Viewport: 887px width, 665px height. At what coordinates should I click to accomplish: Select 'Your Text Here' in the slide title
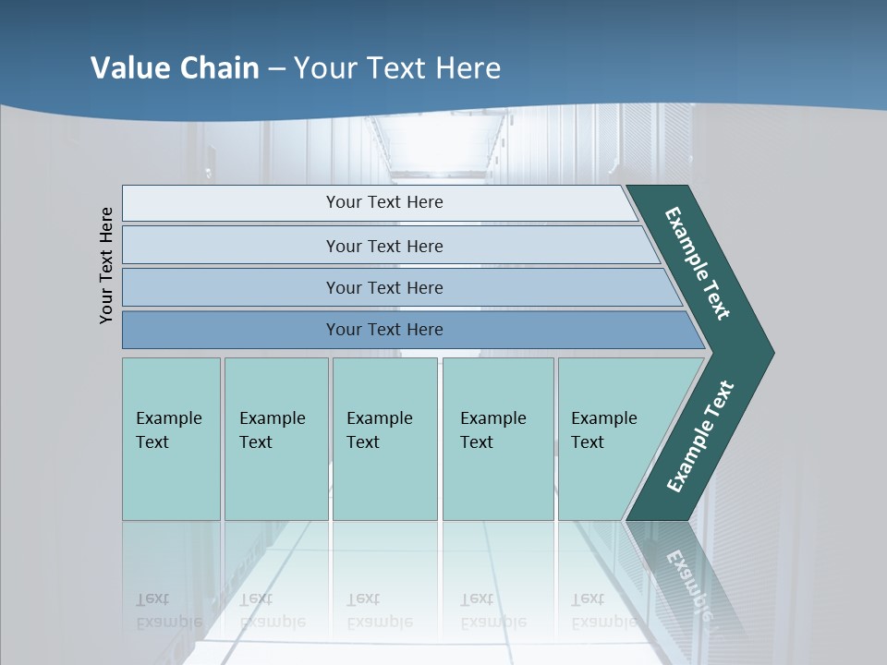pos(397,68)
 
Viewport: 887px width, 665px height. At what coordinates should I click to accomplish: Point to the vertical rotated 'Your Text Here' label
pos(106,265)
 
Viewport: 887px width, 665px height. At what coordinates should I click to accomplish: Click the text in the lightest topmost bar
pos(384,202)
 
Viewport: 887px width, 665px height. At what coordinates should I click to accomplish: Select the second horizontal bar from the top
pos(384,246)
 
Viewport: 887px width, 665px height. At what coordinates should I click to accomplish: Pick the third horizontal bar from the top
pos(384,287)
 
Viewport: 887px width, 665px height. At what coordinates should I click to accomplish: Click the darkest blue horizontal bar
pos(384,330)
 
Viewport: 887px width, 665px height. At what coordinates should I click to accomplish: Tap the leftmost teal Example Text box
pos(171,439)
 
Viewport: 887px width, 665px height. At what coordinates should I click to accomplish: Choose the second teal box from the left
pos(275,439)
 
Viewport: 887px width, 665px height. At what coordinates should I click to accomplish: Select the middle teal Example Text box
pos(384,439)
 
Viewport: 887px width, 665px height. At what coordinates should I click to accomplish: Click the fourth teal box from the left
pos(497,439)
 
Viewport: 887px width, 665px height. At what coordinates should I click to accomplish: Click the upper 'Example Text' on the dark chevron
pos(698,263)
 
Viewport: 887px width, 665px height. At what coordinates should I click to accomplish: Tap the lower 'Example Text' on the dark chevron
pos(700,437)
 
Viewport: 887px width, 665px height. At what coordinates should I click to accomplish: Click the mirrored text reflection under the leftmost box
pos(168,611)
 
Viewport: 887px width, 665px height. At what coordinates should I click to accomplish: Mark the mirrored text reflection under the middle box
pos(379,611)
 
